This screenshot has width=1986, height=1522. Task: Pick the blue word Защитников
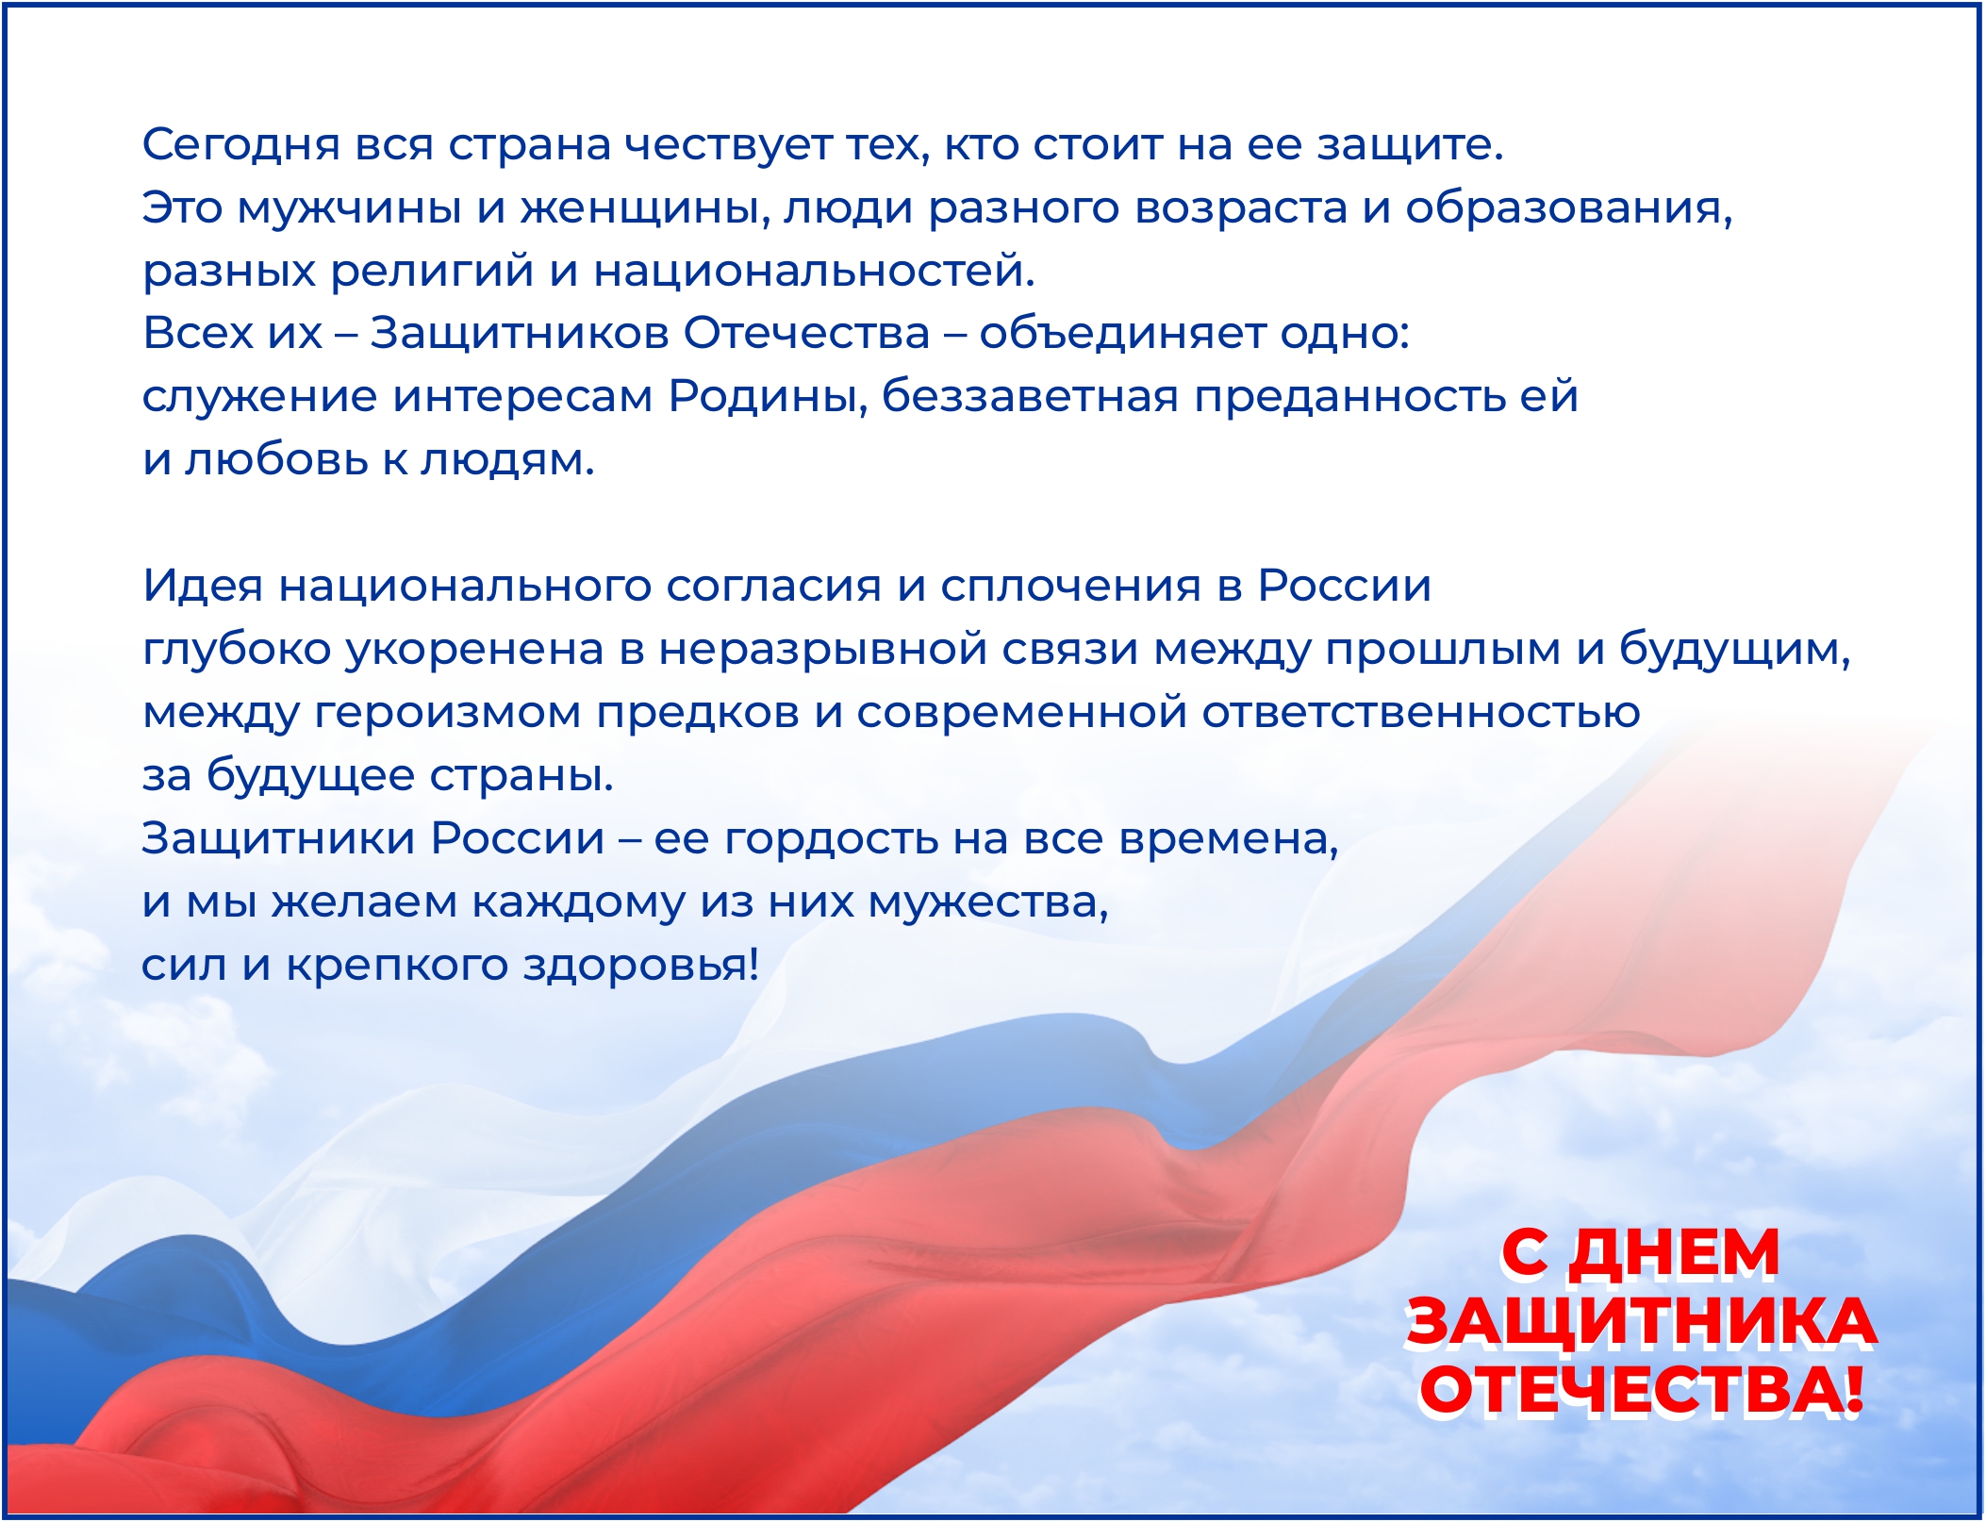(x=519, y=334)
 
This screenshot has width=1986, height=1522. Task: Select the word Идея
(x=203, y=586)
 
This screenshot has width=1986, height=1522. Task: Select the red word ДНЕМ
(x=1674, y=1253)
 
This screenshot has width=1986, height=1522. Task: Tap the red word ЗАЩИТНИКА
(x=1641, y=1322)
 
